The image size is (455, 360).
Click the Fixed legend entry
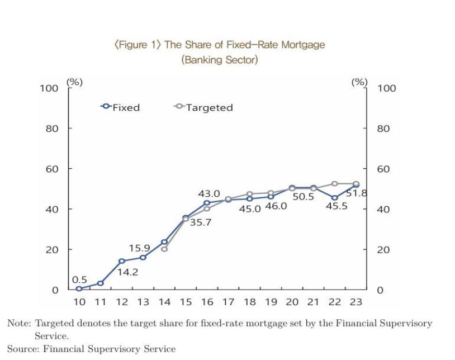point(121,107)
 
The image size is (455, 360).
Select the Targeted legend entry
point(203,107)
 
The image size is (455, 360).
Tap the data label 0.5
point(79,280)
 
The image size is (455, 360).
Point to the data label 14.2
point(127,272)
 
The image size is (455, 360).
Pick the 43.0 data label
point(209,193)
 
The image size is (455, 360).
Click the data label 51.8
point(356,193)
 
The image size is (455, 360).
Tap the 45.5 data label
point(336,206)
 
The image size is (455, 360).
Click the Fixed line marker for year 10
point(79,288)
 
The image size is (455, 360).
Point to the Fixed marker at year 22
point(335,198)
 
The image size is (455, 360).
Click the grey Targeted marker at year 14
point(164,249)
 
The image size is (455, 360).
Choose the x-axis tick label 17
point(228,302)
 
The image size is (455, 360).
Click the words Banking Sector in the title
point(220,60)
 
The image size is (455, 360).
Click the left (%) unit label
point(74,82)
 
